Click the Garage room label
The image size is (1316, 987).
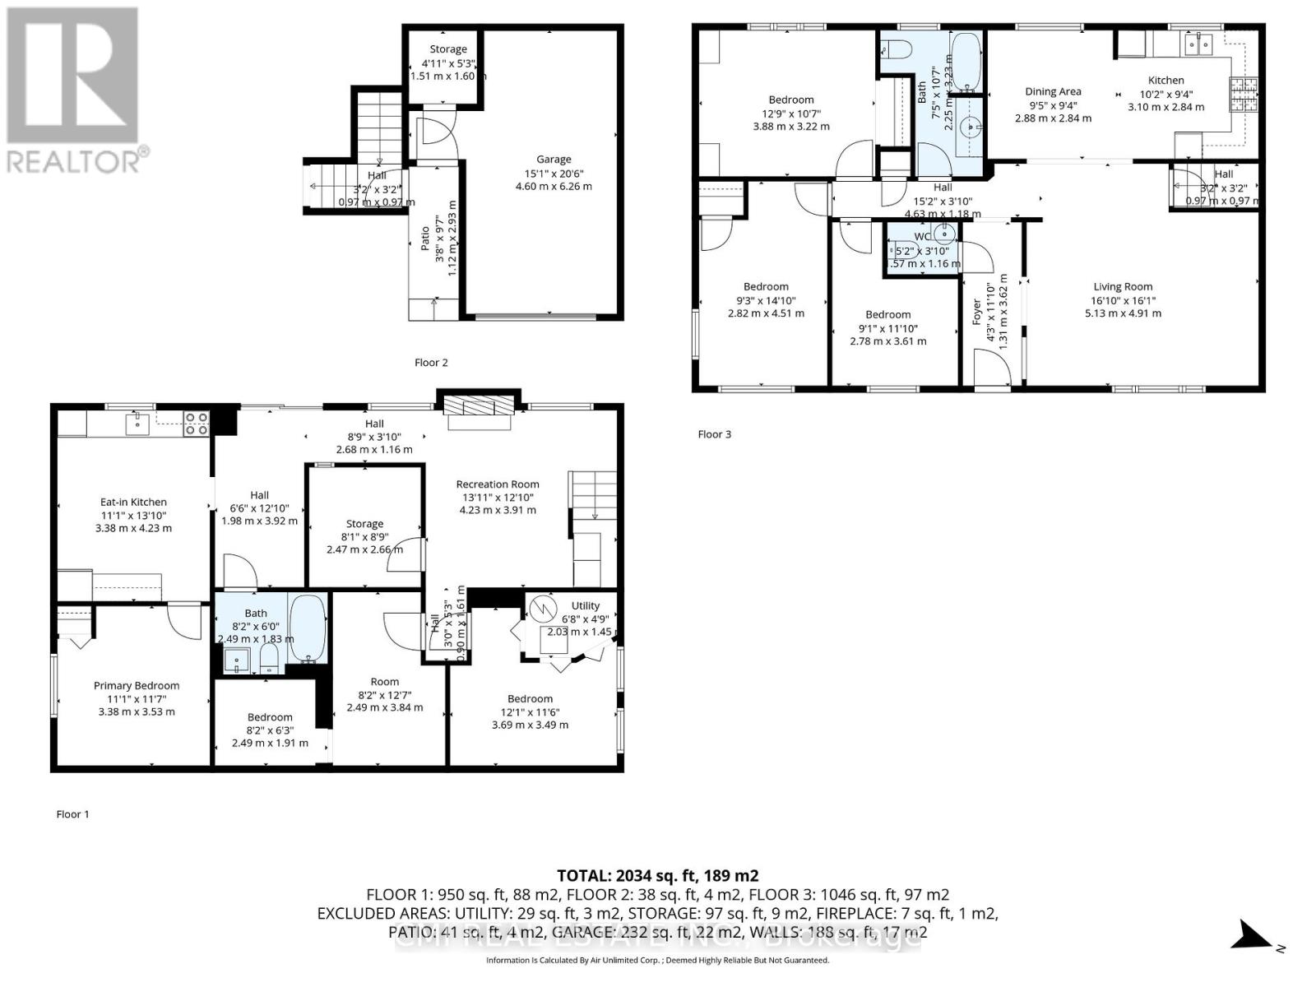(554, 160)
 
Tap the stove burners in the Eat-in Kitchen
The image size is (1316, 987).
(196, 424)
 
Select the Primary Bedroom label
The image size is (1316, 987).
(137, 686)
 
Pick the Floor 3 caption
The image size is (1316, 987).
(714, 434)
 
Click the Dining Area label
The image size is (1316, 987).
(1053, 92)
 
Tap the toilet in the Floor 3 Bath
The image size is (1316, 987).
(896, 49)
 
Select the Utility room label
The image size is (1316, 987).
(586, 606)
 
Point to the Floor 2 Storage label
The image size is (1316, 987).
(448, 49)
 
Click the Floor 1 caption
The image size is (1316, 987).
(72, 814)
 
